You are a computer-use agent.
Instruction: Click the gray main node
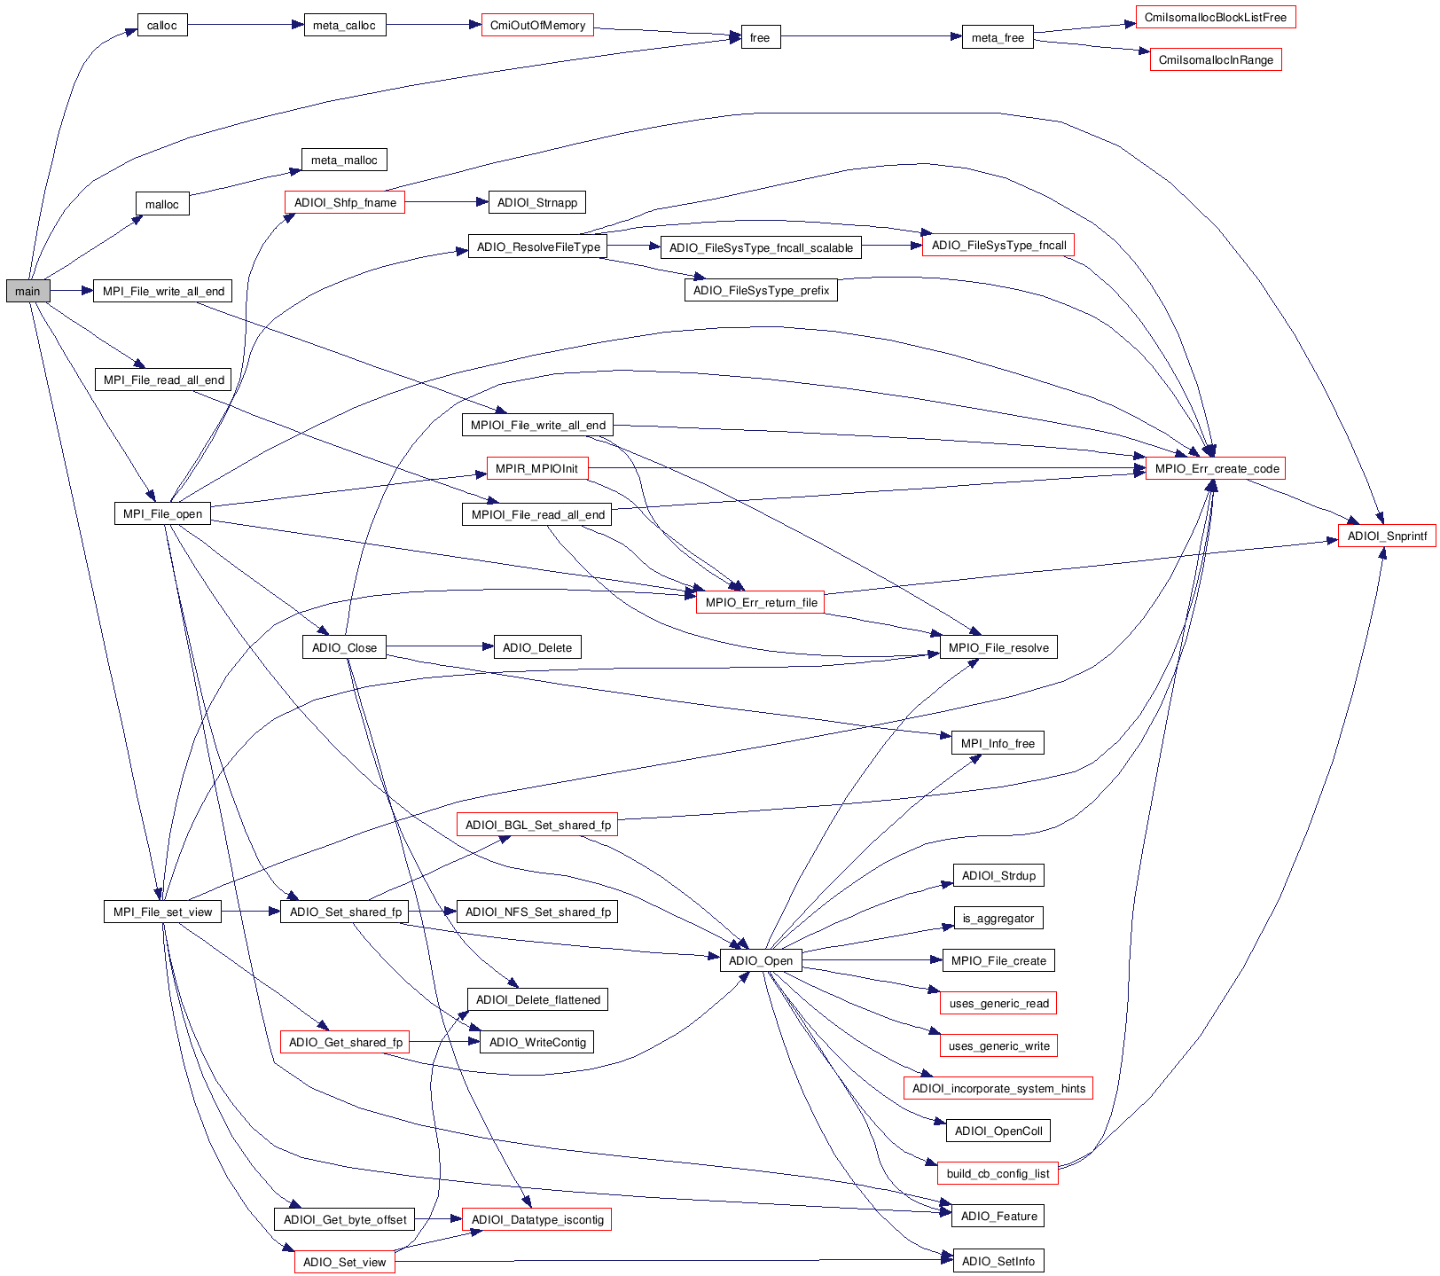coord(27,291)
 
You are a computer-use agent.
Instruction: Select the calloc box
coord(162,25)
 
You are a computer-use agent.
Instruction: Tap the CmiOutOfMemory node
coord(537,25)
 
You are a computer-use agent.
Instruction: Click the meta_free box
coord(998,37)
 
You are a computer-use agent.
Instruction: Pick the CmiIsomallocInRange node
coord(1216,60)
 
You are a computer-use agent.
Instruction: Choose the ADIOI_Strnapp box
coord(537,202)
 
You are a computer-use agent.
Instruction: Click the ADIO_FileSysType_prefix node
coord(761,290)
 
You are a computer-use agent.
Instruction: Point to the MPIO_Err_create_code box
coord(1216,468)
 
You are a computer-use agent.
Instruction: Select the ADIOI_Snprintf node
coord(1387,536)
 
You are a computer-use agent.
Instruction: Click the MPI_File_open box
coord(162,513)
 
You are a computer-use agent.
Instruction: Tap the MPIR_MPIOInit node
coord(536,468)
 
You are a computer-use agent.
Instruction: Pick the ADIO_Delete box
coord(537,647)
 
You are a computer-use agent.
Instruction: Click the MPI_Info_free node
coord(998,743)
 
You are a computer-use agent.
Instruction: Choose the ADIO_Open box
coord(761,960)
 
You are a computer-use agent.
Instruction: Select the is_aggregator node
coord(998,918)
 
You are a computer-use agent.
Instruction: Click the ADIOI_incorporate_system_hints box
coord(998,1088)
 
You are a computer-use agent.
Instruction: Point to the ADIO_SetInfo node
coord(998,1261)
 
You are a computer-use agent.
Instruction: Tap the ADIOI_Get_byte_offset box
coord(345,1219)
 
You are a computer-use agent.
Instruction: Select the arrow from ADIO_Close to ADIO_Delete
coord(440,646)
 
